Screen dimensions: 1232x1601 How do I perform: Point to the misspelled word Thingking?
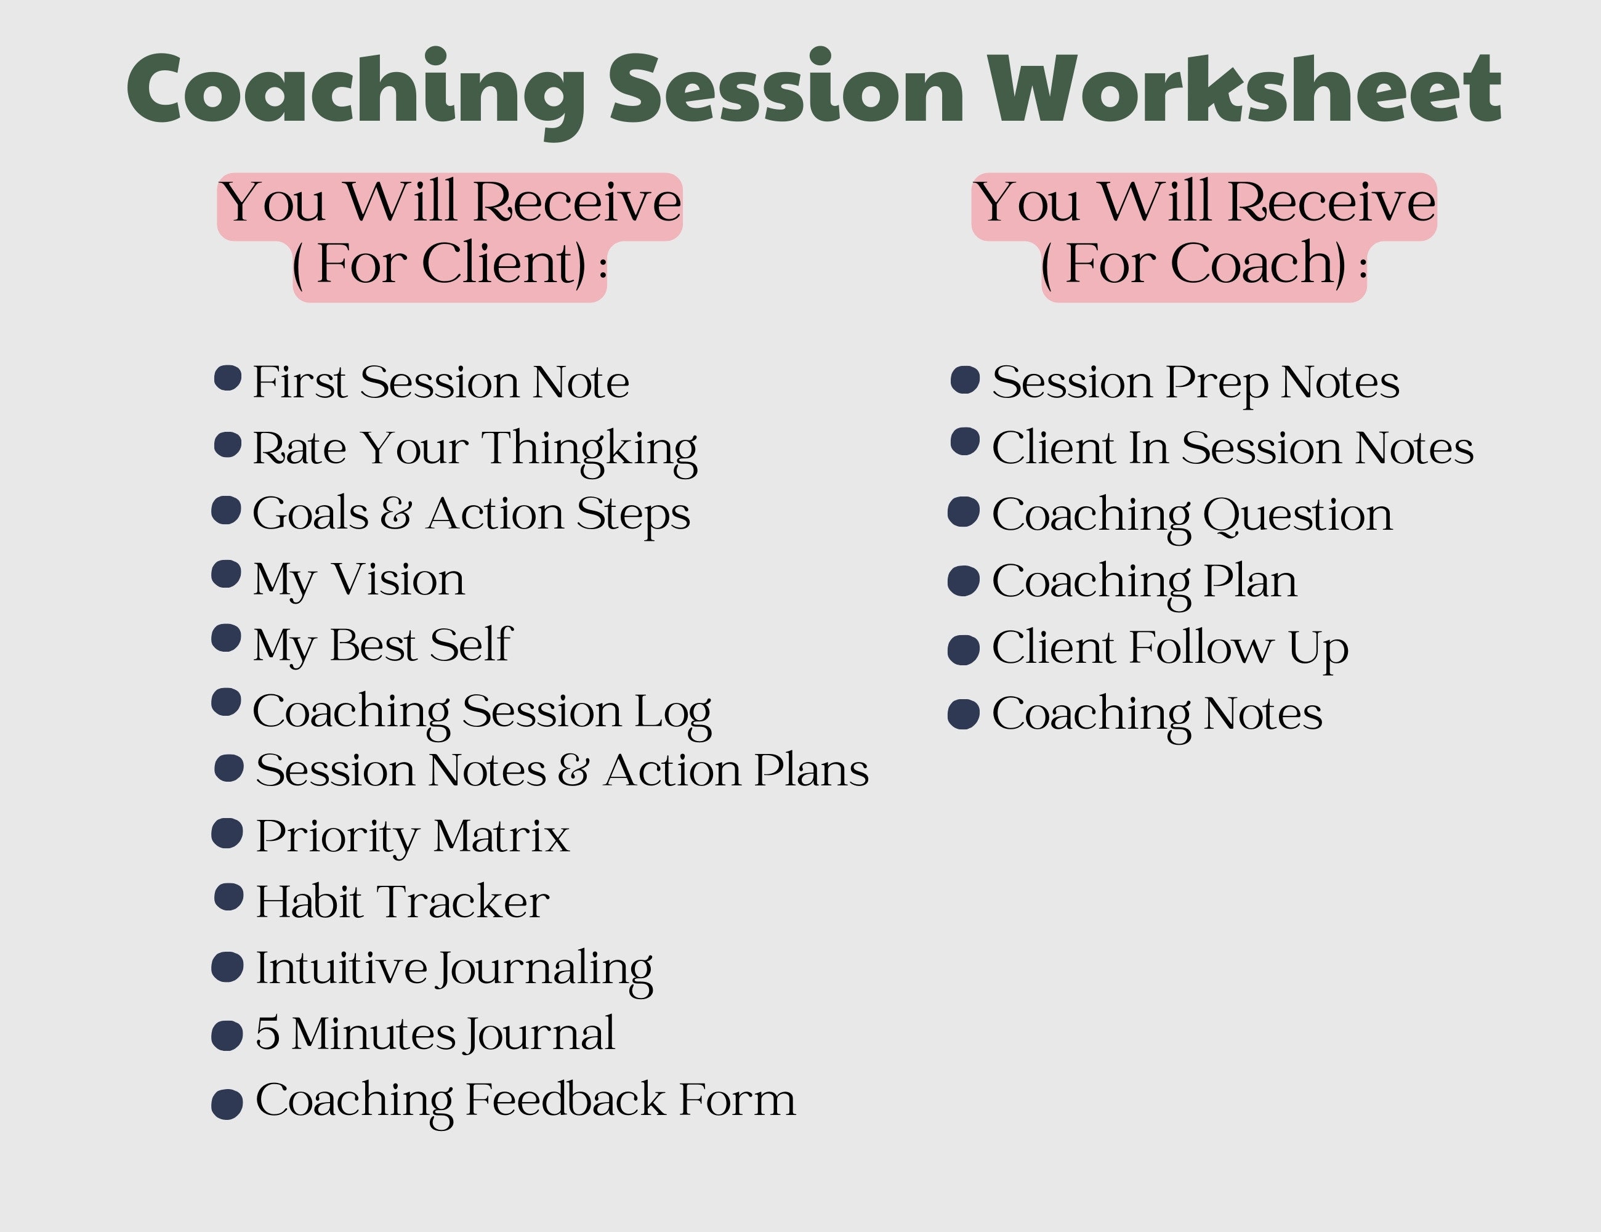[x=589, y=449]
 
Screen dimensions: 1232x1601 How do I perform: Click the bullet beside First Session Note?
[x=227, y=378]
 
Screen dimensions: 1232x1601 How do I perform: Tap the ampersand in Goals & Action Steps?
[x=396, y=513]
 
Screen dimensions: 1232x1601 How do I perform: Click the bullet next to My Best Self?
[x=227, y=638]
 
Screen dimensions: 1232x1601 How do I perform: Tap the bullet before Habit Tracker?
[x=228, y=896]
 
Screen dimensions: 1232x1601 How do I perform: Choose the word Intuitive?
[x=341, y=968]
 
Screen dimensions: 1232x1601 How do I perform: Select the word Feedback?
[x=565, y=1100]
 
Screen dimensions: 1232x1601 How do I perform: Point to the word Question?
[x=1297, y=516]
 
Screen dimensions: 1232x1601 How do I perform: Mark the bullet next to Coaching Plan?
[x=963, y=581]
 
